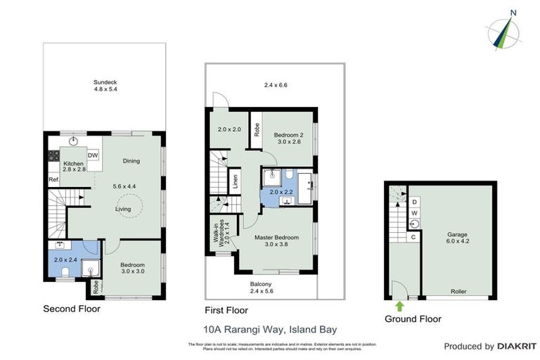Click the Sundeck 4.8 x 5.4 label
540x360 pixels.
105,85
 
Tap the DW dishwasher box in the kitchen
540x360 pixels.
93,155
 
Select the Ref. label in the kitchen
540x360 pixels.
53,180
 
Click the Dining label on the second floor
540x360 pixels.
131,161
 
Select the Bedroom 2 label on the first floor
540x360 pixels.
288,138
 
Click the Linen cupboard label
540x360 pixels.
234,180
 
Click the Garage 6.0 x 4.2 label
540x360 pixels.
458,238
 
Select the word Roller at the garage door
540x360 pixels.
458,291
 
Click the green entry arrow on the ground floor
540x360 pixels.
399,306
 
